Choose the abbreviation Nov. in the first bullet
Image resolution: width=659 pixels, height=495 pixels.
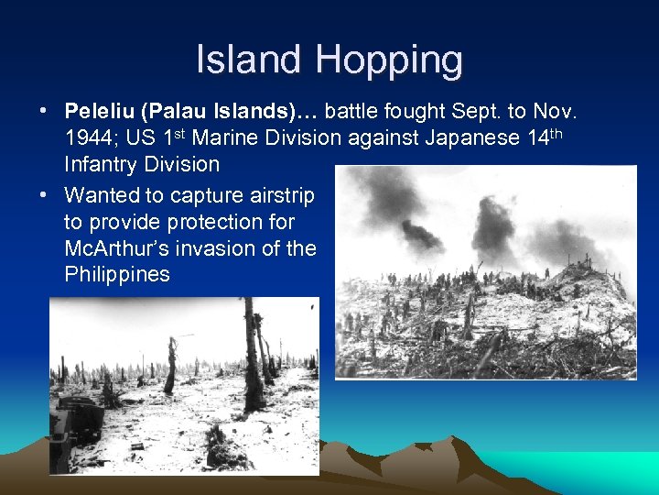(554, 112)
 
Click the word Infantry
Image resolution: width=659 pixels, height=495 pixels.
(104, 165)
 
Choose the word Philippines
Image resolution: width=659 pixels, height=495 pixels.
(117, 275)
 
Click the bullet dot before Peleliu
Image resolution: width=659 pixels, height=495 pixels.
(44, 112)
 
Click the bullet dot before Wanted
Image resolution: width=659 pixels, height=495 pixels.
(44, 195)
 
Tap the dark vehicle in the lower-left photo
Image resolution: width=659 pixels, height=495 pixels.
(79, 423)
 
